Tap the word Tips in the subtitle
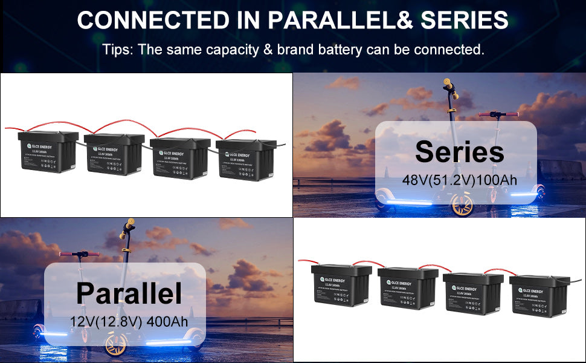(x=117, y=50)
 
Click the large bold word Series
(x=459, y=152)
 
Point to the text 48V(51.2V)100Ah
(x=460, y=180)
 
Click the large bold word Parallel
(x=129, y=293)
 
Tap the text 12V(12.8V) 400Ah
(x=129, y=321)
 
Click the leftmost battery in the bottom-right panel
(x=337, y=289)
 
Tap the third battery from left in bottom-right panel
(x=469, y=294)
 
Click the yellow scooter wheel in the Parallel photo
(x=115, y=344)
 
